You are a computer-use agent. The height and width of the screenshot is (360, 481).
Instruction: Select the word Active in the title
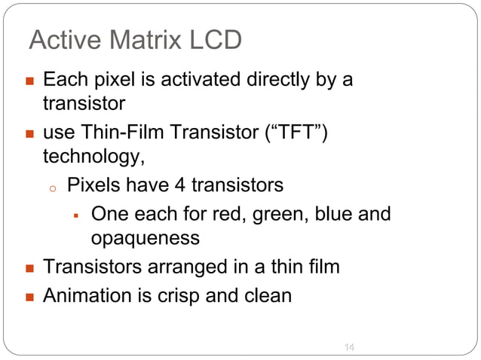click(61, 40)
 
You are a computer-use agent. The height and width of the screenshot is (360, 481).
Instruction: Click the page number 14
click(349, 346)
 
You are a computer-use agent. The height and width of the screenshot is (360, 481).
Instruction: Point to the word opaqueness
click(146, 239)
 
